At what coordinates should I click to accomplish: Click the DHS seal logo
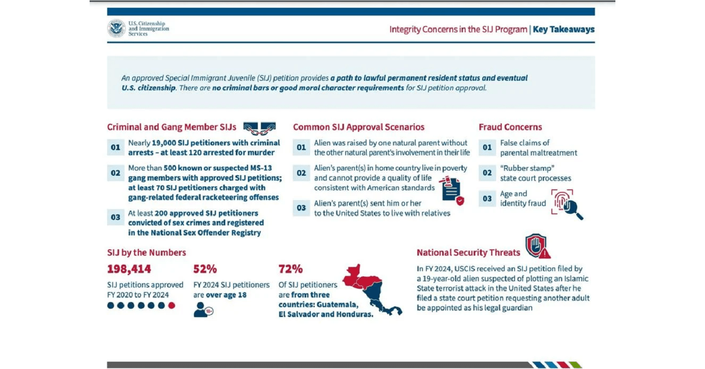117,28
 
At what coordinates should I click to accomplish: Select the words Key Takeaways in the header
564,29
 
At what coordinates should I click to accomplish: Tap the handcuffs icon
259,128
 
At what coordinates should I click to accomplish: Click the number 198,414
129,269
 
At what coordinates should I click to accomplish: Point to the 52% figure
205,269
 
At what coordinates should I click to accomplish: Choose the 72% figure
290,269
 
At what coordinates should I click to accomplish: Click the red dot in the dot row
171,305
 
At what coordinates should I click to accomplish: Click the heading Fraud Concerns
510,127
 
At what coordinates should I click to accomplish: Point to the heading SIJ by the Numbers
146,253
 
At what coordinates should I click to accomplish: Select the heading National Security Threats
468,253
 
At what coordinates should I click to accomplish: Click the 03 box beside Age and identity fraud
487,199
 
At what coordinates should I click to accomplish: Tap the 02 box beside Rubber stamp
487,173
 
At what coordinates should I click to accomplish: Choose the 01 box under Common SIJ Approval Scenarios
302,147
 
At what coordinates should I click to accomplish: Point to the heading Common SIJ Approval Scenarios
358,127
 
